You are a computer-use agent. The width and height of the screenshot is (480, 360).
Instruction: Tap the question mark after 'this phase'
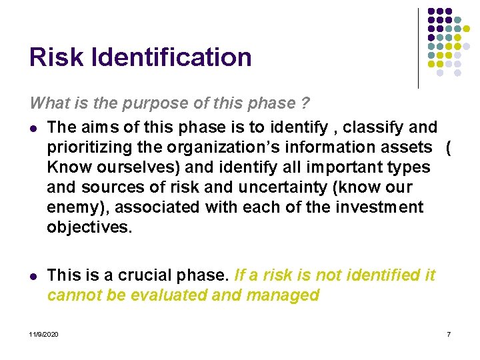(305, 103)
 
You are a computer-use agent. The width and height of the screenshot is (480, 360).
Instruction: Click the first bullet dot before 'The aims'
(33, 127)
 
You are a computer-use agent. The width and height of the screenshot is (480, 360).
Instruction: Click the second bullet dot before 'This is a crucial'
(33, 275)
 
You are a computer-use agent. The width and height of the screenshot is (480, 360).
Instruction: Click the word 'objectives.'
(89, 227)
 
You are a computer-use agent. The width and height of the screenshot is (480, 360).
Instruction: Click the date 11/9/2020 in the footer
(43, 333)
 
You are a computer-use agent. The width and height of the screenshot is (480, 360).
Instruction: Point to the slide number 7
(449, 333)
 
